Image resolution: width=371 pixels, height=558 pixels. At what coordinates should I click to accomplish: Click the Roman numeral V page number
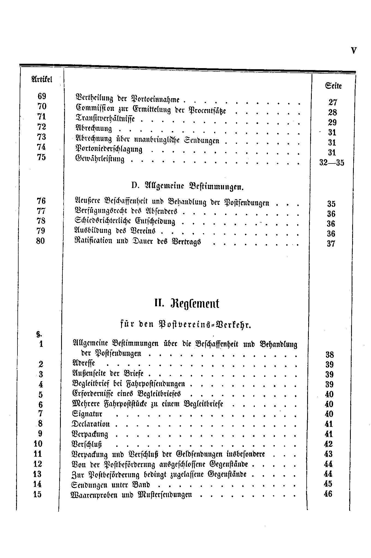(354, 51)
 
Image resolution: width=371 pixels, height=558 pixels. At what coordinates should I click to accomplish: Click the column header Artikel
(42, 79)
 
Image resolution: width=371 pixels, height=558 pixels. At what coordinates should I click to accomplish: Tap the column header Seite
(333, 86)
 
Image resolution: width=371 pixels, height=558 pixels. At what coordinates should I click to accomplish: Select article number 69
(42, 96)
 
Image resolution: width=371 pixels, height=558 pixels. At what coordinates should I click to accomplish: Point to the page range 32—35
(332, 163)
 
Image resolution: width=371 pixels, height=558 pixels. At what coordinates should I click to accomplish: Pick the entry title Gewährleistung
(100, 159)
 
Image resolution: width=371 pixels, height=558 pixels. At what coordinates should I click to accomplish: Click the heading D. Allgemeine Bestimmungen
(187, 186)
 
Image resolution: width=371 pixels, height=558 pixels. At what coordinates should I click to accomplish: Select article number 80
(41, 241)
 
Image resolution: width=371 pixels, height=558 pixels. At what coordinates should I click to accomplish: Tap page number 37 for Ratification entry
(331, 244)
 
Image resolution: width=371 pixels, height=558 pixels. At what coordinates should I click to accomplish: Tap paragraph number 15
(38, 494)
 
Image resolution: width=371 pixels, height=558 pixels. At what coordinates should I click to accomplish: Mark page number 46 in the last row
(328, 494)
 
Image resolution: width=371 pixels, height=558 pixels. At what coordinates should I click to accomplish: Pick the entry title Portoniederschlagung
(109, 149)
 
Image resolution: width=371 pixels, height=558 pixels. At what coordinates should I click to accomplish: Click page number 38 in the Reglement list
(330, 355)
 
